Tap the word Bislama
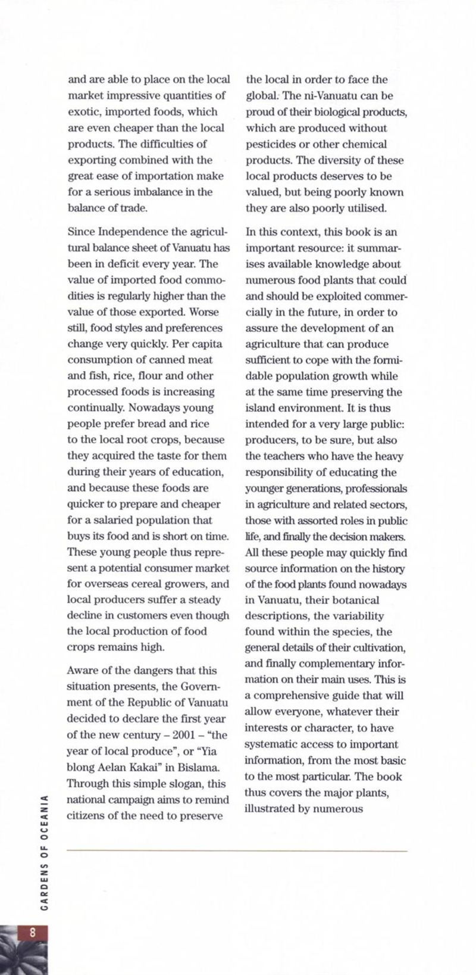(202, 767)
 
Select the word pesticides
(269, 144)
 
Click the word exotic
(83, 111)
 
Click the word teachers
(289, 456)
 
